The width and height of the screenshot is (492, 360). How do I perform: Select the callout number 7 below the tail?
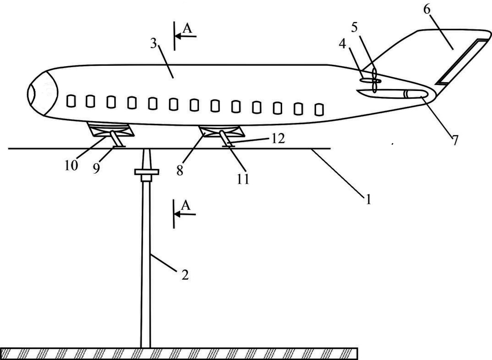click(x=455, y=140)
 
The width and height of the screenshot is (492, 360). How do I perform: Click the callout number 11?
click(x=243, y=179)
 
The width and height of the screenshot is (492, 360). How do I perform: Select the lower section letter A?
click(x=186, y=206)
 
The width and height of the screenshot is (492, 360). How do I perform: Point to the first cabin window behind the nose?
click(x=70, y=101)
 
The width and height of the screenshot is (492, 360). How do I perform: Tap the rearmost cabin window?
click(x=320, y=109)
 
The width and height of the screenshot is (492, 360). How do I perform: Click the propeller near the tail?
click(x=374, y=80)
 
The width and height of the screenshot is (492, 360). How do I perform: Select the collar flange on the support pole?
click(x=146, y=172)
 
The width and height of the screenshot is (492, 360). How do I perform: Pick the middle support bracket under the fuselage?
click(x=220, y=132)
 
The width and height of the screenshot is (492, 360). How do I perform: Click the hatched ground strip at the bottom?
click(x=178, y=354)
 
